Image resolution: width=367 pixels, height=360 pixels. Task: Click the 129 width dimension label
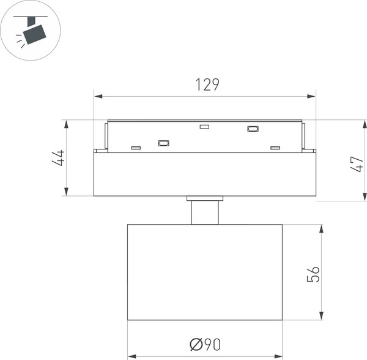click(x=207, y=84)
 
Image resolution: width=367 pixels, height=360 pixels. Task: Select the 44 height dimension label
click(x=58, y=158)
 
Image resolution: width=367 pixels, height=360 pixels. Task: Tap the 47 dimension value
click(x=357, y=164)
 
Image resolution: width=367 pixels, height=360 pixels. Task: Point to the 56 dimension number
click(x=313, y=274)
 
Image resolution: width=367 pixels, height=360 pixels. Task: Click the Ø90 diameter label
click(x=205, y=345)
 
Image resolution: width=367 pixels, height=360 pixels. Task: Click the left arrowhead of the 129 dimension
click(x=98, y=96)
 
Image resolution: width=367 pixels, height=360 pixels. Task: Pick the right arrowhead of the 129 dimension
click(x=311, y=96)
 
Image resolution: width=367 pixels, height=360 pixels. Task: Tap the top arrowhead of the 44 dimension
click(x=67, y=124)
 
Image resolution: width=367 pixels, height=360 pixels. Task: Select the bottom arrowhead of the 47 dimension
click(x=365, y=197)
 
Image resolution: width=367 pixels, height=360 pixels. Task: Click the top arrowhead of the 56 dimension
click(x=322, y=229)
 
